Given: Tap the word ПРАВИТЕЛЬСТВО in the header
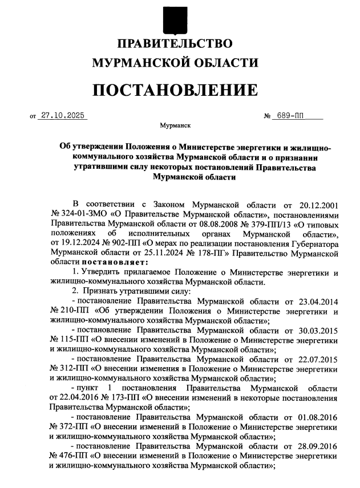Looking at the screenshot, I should coord(175,43).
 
